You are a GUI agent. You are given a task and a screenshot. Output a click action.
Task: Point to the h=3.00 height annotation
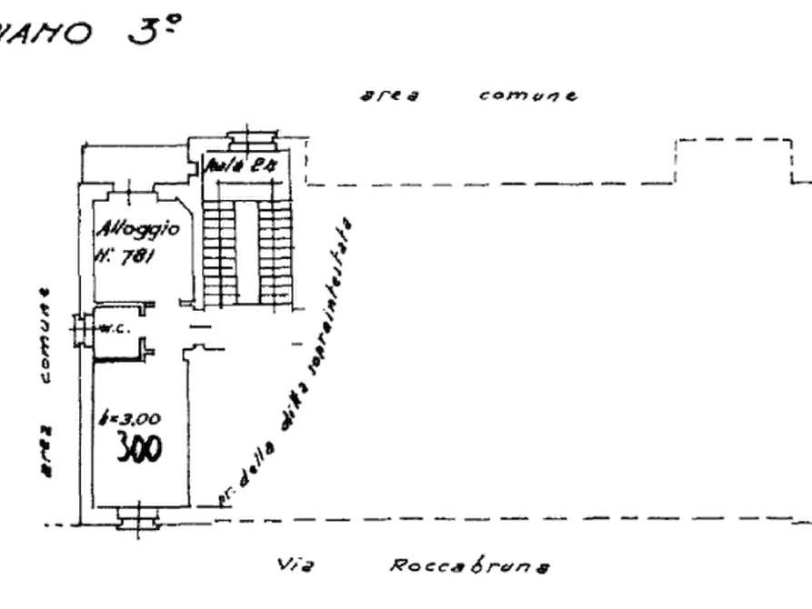(131, 419)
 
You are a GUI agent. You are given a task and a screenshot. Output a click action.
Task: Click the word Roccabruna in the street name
(471, 567)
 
